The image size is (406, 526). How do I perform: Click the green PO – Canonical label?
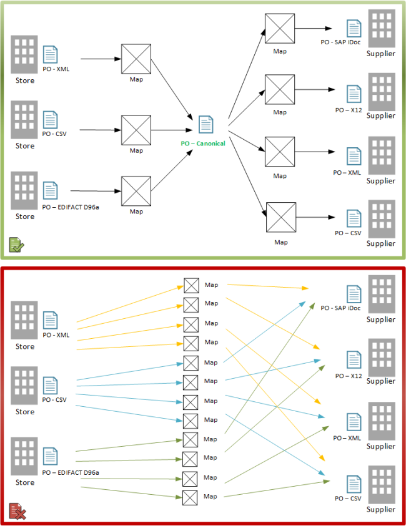[x=203, y=144]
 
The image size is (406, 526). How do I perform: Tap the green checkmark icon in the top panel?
[x=16, y=245]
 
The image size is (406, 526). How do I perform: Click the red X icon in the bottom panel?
[x=17, y=512]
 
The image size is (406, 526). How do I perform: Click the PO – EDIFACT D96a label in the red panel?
[x=71, y=472]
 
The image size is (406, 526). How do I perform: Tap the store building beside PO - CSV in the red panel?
[x=25, y=386]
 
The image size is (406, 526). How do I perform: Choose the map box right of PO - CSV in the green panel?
[x=136, y=130]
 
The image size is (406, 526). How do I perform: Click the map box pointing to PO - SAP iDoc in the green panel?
[x=280, y=28]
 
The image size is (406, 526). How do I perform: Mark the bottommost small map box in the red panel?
[x=191, y=497]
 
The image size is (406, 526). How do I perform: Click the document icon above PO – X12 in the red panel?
[x=354, y=359]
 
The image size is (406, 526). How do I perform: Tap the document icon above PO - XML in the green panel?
[x=50, y=55]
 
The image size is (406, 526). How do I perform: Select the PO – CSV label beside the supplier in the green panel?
[x=348, y=233]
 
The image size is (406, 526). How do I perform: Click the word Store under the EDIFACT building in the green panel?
[x=25, y=217]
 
